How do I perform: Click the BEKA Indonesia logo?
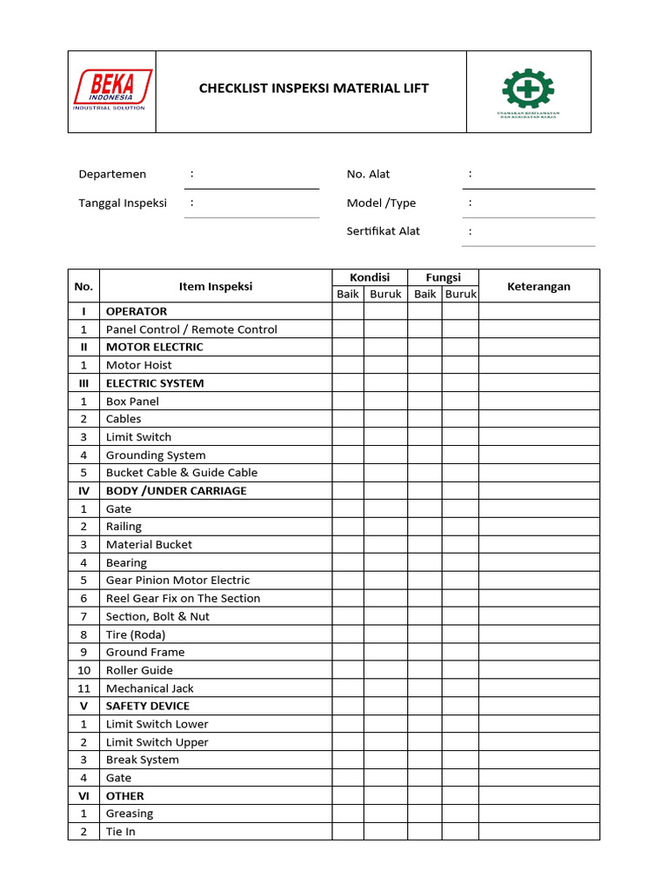(112, 90)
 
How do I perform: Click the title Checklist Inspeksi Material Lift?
(313, 88)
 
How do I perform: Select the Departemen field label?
(112, 174)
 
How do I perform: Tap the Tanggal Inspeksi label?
(123, 203)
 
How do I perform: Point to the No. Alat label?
(368, 174)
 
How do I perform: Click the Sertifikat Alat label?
(383, 230)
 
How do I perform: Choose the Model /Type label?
(381, 203)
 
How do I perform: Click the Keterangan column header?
(538, 286)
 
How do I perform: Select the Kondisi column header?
(370, 277)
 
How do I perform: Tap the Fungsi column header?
(443, 277)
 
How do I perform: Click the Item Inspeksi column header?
(216, 286)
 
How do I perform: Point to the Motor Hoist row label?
(138, 365)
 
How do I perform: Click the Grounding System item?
(156, 455)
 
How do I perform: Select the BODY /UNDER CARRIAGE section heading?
(176, 490)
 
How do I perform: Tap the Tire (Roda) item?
(135, 634)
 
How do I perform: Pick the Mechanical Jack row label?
(150, 688)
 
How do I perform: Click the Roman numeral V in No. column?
(84, 706)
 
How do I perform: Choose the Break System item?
(142, 760)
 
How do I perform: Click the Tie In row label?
(120, 832)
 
